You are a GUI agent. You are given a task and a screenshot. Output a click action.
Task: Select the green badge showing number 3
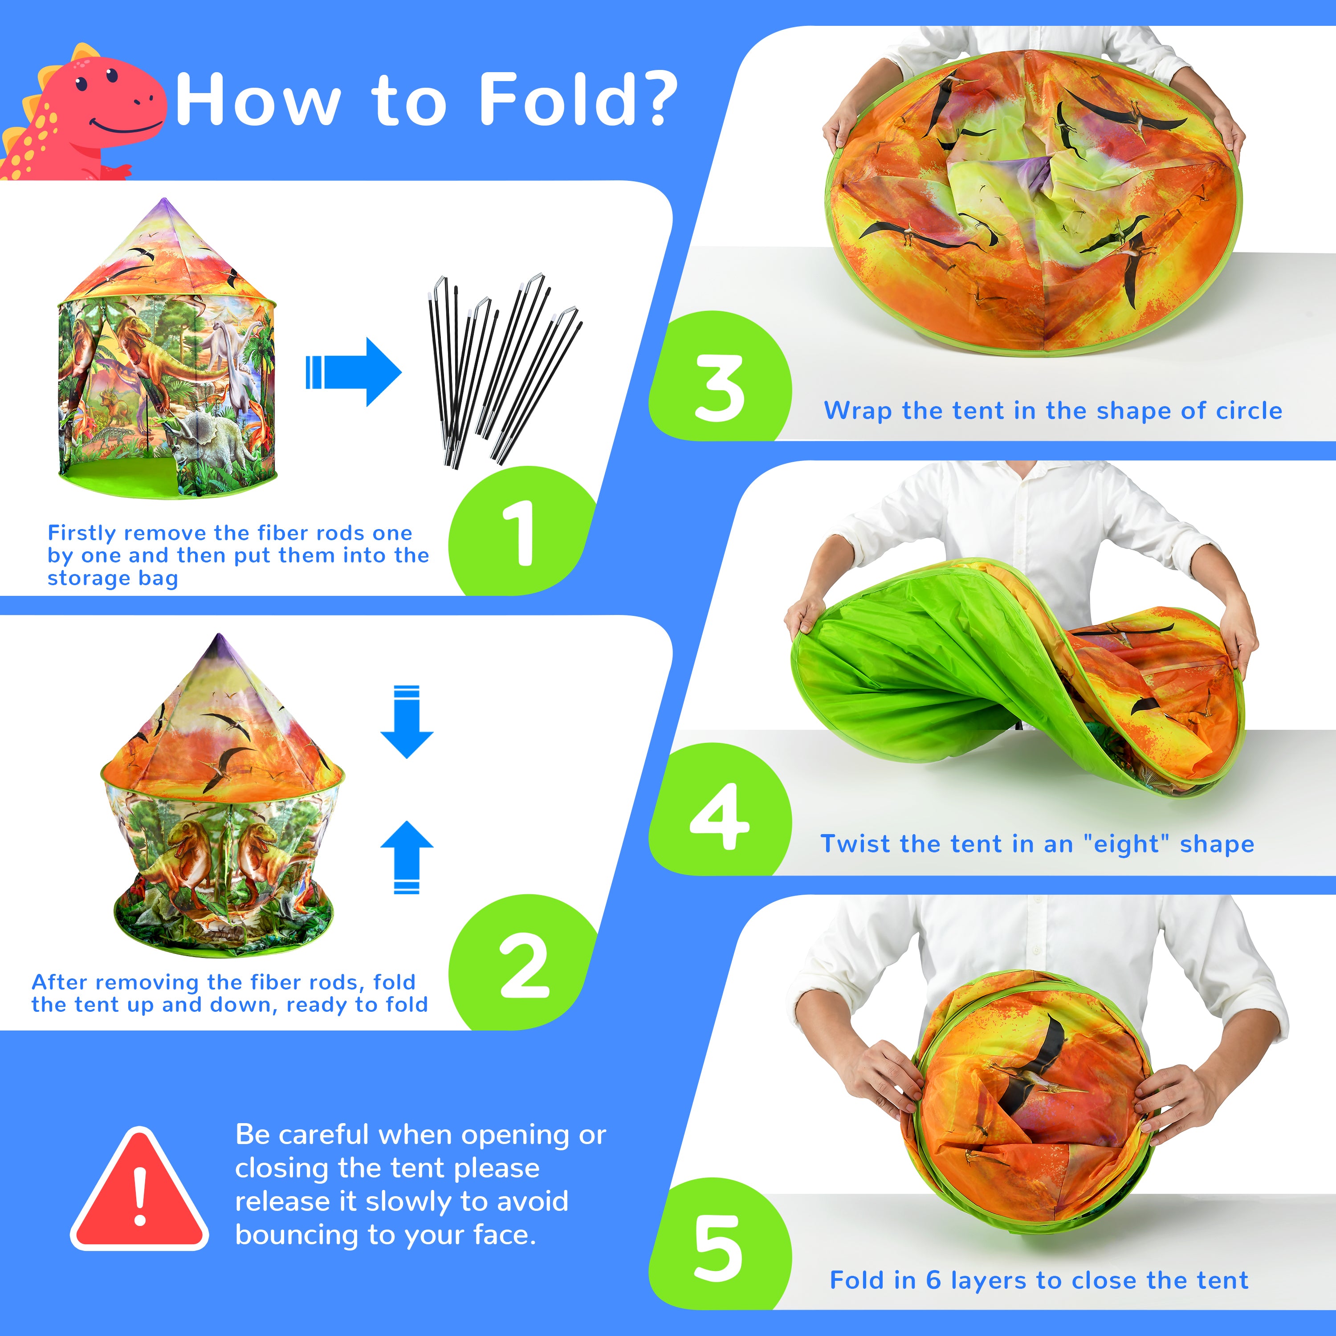[x=720, y=376]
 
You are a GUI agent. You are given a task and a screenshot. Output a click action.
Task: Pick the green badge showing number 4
[x=720, y=809]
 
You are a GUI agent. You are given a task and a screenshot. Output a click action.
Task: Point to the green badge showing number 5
[x=720, y=1245]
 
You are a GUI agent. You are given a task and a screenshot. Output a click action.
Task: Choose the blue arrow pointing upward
[x=407, y=857]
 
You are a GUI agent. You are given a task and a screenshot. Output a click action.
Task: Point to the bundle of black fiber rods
[x=503, y=370]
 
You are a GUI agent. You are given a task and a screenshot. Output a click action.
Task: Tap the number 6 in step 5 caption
[x=933, y=1280]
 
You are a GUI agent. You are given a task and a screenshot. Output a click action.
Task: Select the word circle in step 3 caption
[x=1249, y=410]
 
